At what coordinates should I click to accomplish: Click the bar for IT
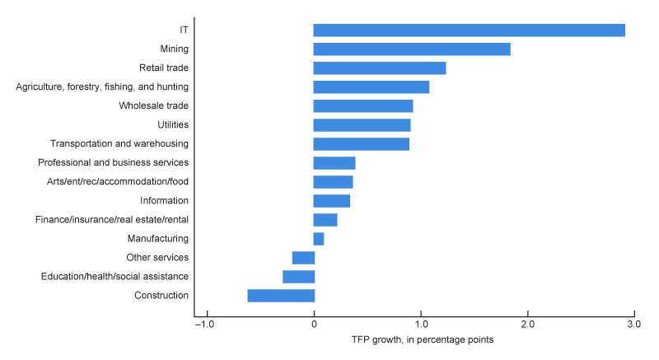pos(469,30)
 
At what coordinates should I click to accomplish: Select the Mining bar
pos(412,49)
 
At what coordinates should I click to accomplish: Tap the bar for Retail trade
pos(380,68)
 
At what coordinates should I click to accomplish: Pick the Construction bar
pos(281,296)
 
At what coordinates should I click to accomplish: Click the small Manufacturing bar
pos(319,239)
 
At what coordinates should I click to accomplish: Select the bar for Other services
pos(303,258)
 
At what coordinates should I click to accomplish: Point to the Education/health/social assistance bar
pos(298,277)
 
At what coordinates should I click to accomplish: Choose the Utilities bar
pos(362,125)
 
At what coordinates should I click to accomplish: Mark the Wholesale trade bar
pos(363,106)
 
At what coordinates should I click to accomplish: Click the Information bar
pos(332,201)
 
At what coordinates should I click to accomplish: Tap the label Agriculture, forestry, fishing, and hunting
pos(102,86)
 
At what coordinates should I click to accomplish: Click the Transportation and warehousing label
pos(119,143)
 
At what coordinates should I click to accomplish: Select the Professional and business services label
pos(114,162)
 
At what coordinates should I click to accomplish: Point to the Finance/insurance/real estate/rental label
pos(112,220)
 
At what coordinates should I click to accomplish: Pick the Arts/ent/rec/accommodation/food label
pos(118,181)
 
